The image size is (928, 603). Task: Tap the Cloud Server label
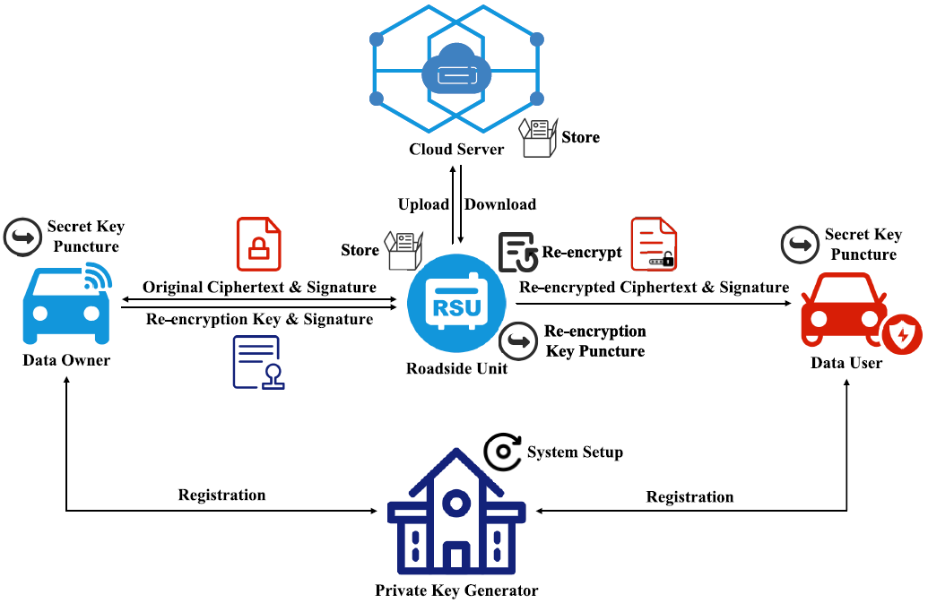point(456,150)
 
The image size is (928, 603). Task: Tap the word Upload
point(423,204)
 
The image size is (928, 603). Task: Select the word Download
point(500,204)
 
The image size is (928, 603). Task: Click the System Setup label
point(575,452)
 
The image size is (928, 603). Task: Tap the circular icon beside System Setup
point(503,453)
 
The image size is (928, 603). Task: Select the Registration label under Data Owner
point(221,495)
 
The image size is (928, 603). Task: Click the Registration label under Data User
point(689,496)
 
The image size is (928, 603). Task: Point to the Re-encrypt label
point(582,253)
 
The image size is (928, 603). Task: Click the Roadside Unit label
point(456,368)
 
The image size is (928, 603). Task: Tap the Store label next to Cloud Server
point(581,137)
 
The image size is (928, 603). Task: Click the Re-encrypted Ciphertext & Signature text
point(655,287)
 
